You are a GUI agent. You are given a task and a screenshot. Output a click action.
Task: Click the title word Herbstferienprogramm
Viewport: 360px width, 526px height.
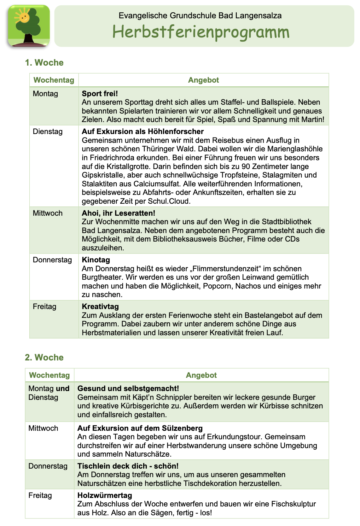[x=201, y=32]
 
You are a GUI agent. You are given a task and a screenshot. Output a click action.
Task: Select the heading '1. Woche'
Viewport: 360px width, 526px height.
[x=44, y=63]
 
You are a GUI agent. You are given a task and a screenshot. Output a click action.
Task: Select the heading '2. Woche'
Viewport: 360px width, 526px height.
[x=44, y=358]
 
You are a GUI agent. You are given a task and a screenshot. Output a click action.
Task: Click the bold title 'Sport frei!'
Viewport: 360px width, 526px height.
[x=100, y=94]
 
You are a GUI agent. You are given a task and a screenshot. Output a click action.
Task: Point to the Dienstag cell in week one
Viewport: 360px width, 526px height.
[x=48, y=131]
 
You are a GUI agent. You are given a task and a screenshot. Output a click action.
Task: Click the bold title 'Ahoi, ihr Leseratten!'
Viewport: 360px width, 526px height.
[x=119, y=213]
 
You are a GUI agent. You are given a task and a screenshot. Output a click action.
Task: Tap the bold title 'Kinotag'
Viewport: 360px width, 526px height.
[x=96, y=260]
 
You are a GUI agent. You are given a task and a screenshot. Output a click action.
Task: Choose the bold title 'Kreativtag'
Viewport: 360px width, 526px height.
[x=100, y=307]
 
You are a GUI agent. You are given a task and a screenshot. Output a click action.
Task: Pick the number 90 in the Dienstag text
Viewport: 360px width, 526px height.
[x=246, y=167]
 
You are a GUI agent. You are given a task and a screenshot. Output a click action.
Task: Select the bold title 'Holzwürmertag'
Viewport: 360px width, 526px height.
[x=105, y=495]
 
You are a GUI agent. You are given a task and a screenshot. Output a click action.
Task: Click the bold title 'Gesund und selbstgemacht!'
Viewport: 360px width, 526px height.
[x=128, y=389]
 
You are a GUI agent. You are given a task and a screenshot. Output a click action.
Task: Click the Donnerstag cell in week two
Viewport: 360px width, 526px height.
[x=48, y=466]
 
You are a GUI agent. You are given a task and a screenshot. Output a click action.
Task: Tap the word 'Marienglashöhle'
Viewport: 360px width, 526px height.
[x=295, y=149]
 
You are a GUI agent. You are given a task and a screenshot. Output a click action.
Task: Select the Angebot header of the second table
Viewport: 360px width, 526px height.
[x=201, y=375]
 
